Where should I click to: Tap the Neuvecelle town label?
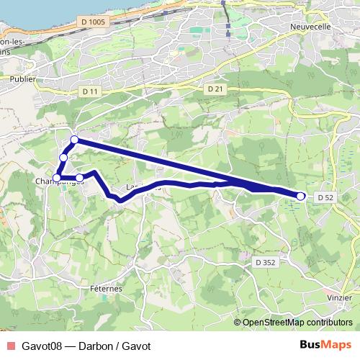(310, 27)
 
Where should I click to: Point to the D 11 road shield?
(89, 91)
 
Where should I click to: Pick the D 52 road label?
(325, 197)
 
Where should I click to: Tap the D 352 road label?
(265, 263)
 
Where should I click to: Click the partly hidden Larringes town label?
(144, 188)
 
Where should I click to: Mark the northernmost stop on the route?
(74, 140)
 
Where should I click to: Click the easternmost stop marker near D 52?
(301, 195)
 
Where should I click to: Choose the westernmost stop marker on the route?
(56, 178)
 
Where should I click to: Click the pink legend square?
(9, 346)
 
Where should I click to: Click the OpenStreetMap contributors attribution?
(298, 323)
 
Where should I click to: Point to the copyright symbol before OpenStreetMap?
(238, 323)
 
